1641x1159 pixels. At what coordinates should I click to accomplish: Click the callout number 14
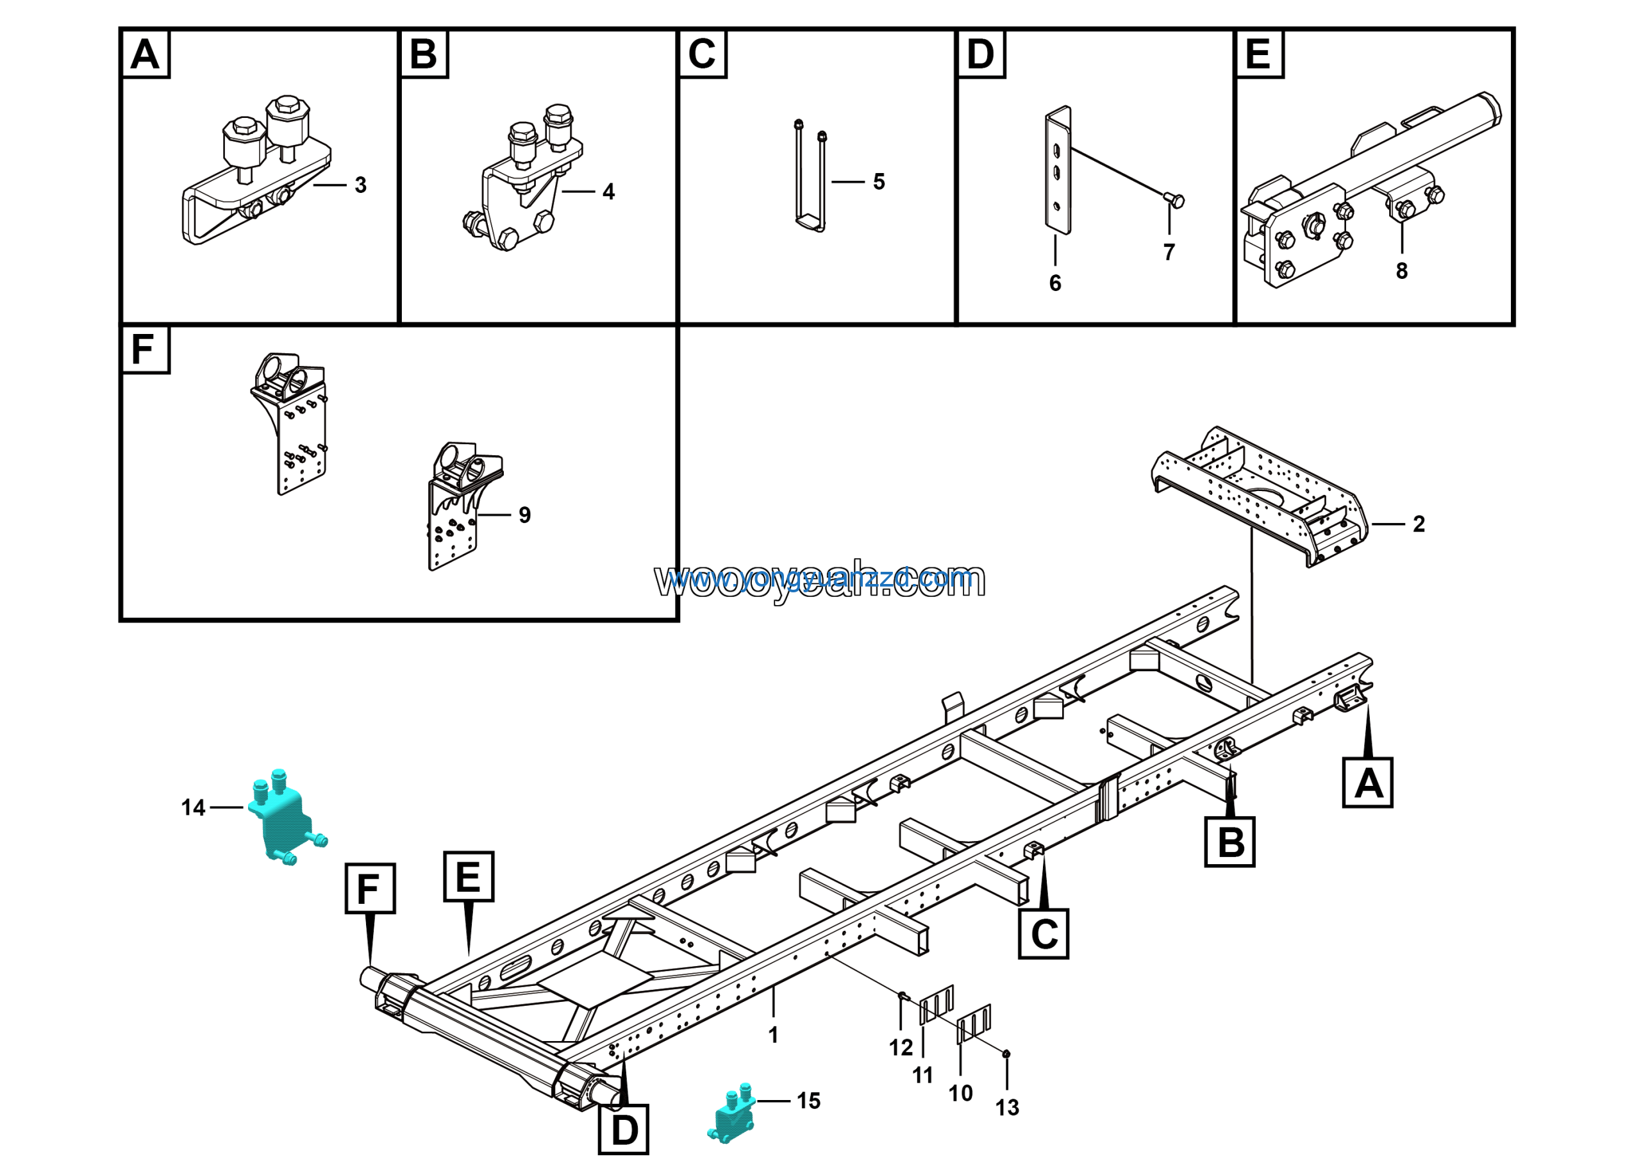[x=193, y=808]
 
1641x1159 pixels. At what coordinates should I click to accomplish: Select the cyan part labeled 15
[x=732, y=1115]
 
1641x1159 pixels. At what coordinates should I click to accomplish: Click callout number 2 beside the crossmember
[x=1419, y=524]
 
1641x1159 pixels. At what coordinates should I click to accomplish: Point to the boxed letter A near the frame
[x=1367, y=783]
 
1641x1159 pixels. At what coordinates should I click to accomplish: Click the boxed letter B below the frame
[x=1229, y=842]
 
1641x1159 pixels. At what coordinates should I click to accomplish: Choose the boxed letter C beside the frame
[x=1044, y=934]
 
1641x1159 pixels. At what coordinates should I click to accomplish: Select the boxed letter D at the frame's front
[x=623, y=1130]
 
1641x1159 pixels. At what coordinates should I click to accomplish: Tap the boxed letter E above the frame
[x=468, y=876]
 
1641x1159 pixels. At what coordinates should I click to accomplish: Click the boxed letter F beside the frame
[x=369, y=888]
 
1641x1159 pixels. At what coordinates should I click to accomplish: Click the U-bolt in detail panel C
[x=810, y=179]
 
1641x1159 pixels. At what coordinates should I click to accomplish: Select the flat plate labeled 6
[x=1058, y=172]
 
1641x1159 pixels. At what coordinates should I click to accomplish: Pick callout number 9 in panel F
[x=524, y=515]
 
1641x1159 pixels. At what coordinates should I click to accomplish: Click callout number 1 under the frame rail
[x=773, y=1035]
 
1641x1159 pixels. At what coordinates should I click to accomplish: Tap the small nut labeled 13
[x=1006, y=1054]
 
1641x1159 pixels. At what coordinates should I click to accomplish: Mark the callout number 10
[x=961, y=1093]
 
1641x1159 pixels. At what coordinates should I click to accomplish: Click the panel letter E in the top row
[x=1258, y=54]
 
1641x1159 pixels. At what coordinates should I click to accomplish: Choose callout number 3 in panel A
[x=361, y=185]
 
